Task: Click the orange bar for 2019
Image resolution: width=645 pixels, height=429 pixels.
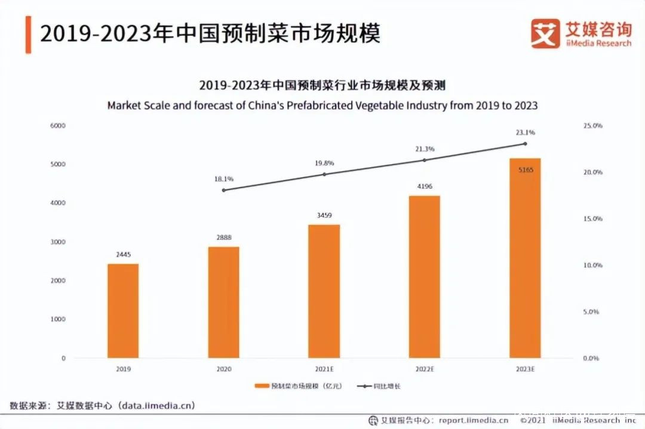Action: tap(123, 310)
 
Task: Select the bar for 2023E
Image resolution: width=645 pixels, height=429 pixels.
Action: tap(524, 258)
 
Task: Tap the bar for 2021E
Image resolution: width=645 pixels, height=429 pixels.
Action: tap(324, 291)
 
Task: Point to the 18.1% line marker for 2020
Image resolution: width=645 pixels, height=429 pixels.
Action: tap(223, 190)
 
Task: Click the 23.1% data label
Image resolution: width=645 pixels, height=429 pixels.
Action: tap(526, 132)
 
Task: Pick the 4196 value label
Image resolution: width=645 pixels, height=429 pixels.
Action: tap(424, 186)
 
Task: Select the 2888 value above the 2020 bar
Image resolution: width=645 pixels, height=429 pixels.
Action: tap(223, 237)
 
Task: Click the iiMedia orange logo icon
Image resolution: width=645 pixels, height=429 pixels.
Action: tap(545, 33)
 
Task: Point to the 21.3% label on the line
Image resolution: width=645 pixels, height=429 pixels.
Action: tap(425, 149)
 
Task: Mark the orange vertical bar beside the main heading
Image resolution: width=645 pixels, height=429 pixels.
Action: tap(28, 35)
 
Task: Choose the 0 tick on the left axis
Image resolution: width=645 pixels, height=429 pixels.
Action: tap(63, 358)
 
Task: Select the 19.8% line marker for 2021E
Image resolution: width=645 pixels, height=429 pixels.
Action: tap(324, 174)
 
